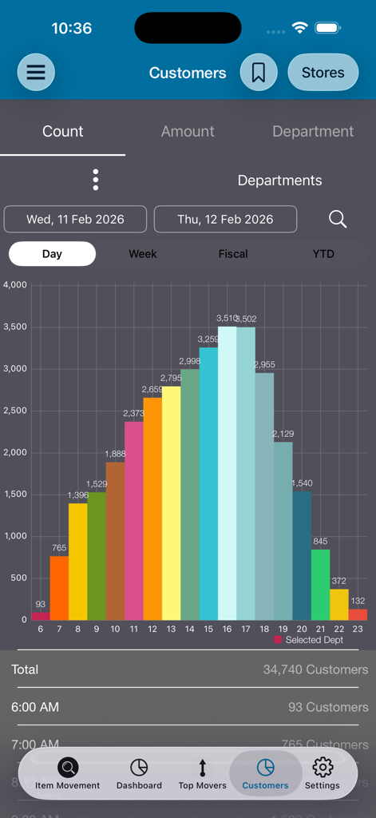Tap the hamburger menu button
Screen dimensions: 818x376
click(x=36, y=72)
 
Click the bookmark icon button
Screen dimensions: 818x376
click(x=259, y=73)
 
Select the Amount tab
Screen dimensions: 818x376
click(x=188, y=132)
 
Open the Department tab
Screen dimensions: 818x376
click(x=313, y=132)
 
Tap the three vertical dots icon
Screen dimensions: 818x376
click(x=96, y=180)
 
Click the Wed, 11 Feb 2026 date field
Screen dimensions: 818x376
click(x=75, y=219)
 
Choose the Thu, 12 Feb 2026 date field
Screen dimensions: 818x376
click(x=225, y=219)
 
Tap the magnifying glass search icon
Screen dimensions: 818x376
click(x=338, y=219)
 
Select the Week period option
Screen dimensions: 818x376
click(x=143, y=254)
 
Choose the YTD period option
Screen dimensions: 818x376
click(x=323, y=254)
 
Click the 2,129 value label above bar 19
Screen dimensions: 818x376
click(x=283, y=434)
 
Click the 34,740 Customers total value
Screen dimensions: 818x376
click(x=315, y=669)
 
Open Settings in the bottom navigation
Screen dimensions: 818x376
click(x=323, y=774)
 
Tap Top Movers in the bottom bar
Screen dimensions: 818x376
click(x=202, y=774)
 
